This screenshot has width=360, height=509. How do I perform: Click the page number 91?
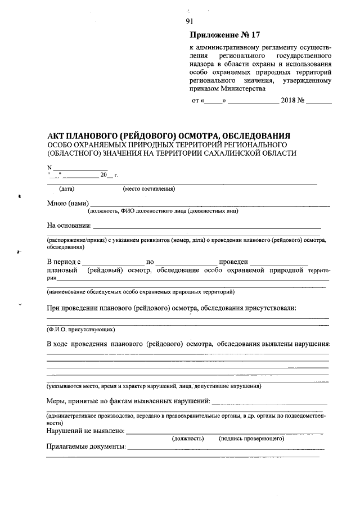(189, 22)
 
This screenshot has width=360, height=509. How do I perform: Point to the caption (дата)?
(66, 189)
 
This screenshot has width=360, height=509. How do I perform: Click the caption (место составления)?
(148, 189)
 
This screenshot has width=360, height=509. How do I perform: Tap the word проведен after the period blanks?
(233, 262)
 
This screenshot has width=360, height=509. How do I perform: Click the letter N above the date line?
(49, 168)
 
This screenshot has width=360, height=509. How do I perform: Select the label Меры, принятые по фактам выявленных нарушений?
(128, 400)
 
